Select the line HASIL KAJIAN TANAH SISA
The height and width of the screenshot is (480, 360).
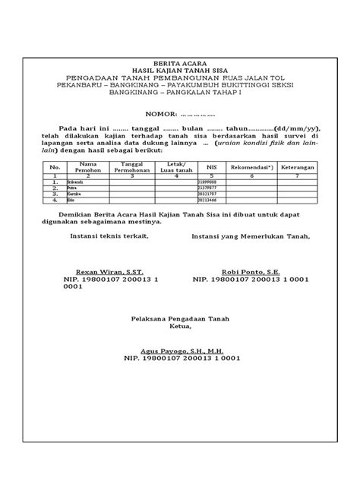click(x=179, y=68)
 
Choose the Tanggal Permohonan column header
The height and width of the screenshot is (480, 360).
click(x=132, y=166)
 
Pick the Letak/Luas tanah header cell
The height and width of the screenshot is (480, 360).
click(x=175, y=166)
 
